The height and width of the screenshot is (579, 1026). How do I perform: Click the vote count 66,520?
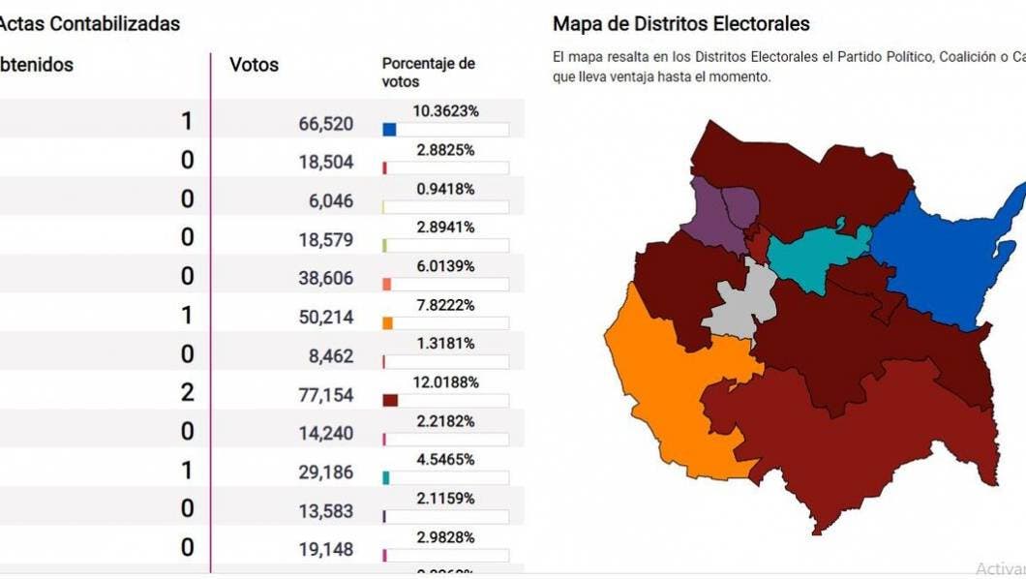pyautogui.click(x=327, y=124)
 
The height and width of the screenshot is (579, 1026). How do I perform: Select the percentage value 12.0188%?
pyautogui.click(x=445, y=382)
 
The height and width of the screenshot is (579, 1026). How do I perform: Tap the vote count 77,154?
pyautogui.click(x=327, y=395)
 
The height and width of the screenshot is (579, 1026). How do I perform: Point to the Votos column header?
pyautogui.click(x=254, y=65)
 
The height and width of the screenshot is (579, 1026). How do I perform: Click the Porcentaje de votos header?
pyautogui.click(x=428, y=73)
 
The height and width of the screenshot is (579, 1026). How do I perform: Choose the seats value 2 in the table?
pyautogui.click(x=187, y=392)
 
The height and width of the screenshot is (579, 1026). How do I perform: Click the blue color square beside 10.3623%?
pyautogui.click(x=389, y=129)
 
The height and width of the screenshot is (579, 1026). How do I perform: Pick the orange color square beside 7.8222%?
pyautogui.click(x=387, y=322)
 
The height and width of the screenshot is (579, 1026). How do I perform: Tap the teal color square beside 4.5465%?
pyautogui.click(x=387, y=477)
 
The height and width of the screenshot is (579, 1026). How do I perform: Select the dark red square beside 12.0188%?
pyautogui.click(x=390, y=400)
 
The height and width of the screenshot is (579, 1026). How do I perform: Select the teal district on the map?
pyautogui.click(x=818, y=254)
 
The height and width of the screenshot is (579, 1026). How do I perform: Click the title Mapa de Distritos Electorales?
pyautogui.click(x=680, y=23)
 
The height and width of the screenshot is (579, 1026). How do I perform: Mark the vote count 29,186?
pyautogui.click(x=327, y=472)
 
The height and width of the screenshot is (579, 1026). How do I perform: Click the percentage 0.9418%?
pyautogui.click(x=445, y=189)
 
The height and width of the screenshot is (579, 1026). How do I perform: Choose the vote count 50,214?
pyautogui.click(x=327, y=318)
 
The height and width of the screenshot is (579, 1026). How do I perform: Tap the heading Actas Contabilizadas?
pyautogui.click(x=90, y=23)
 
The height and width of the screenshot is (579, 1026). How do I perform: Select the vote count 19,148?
pyautogui.click(x=327, y=550)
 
